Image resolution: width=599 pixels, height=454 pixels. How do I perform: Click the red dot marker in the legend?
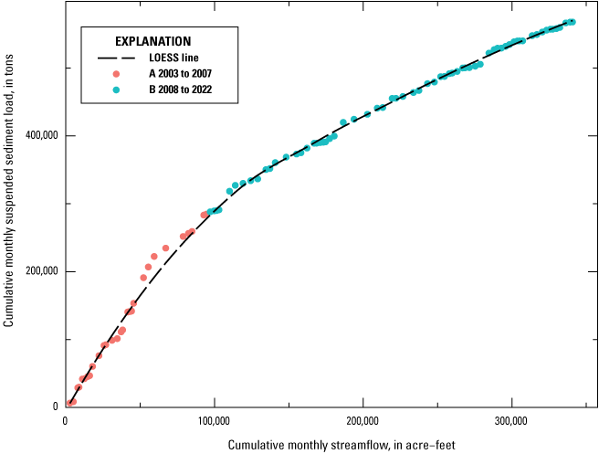[x=116, y=73]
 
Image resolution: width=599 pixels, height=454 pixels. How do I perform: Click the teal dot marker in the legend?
[x=116, y=89]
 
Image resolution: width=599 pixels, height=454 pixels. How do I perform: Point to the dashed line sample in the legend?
[x=116, y=58]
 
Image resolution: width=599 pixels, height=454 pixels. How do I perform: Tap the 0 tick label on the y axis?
[x=55, y=406]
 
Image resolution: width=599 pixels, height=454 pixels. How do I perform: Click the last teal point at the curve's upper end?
[x=572, y=22]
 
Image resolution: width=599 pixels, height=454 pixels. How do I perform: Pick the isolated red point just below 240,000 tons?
[x=165, y=248]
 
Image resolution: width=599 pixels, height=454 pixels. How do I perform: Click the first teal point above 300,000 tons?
[x=229, y=192]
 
